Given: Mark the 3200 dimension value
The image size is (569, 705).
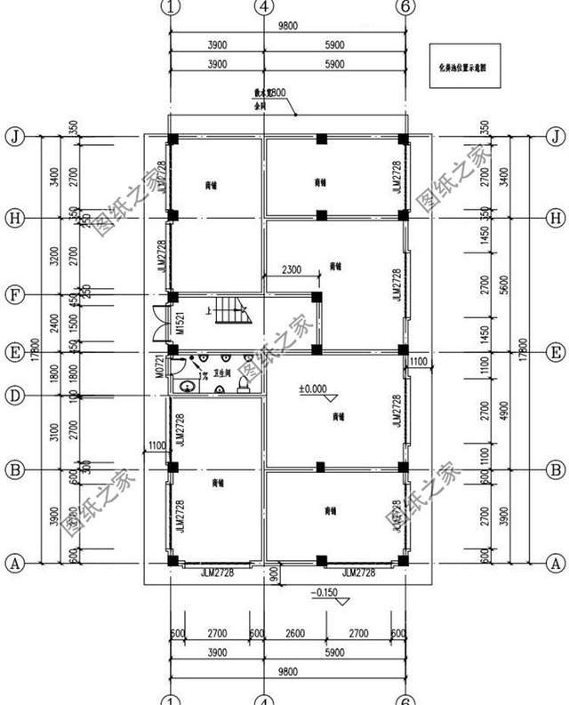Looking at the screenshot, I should point(54,256).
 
